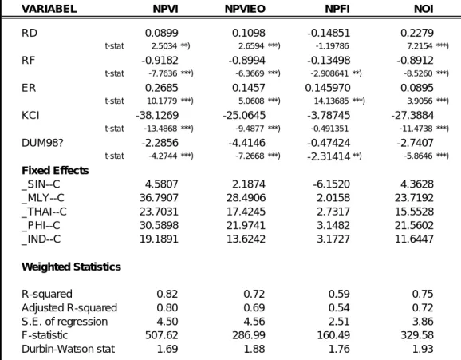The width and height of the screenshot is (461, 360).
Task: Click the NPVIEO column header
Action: pos(245,9)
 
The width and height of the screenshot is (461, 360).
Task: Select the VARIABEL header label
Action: pos(49,9)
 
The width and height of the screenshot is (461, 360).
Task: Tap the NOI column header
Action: pos(424,9)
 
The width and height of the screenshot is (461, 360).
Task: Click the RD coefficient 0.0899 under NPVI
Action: pos(162,33)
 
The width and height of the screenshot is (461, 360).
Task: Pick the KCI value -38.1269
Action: pos(157,115)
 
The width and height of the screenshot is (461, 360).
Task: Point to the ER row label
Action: pos(29,88)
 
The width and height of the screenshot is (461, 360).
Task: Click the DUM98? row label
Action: pos(42,143)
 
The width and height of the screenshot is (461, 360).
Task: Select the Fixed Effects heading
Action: pos(55,171)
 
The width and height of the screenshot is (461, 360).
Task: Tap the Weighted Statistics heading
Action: pos(72,267)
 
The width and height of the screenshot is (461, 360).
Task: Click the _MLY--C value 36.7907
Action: pos(159,197)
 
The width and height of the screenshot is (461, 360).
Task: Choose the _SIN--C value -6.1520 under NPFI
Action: pos(331,184)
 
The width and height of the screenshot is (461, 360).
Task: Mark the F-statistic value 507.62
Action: pos(161,335)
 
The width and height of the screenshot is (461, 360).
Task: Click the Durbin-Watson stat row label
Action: pos(68,349)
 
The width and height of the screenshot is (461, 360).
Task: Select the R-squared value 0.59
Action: pos(339,294)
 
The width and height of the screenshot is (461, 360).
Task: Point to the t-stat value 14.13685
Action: pos(331,101)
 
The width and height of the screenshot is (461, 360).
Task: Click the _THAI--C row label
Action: pos(44,212)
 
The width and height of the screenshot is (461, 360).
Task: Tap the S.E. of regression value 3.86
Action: pos(423,322)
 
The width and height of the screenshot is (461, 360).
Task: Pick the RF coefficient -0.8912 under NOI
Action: pos(415,61)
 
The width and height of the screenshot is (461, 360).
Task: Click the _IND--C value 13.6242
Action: pos(246,239)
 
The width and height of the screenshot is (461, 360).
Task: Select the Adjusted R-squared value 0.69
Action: pos(254,307)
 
